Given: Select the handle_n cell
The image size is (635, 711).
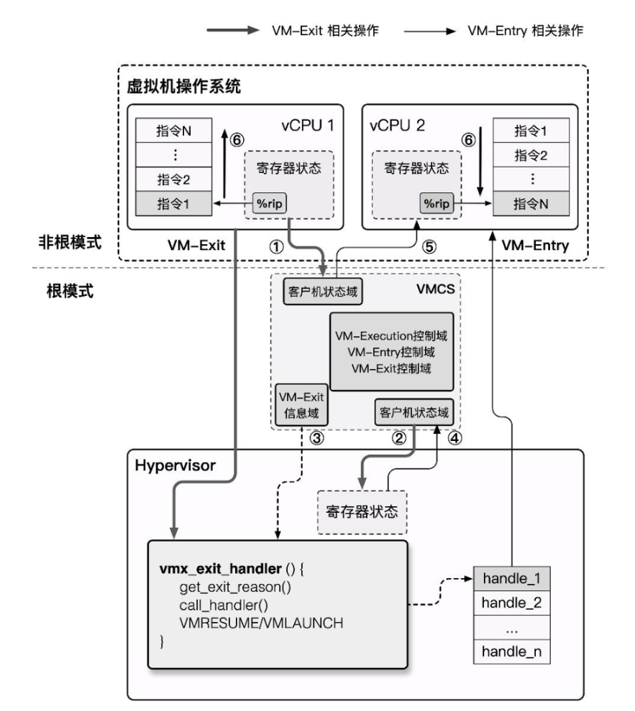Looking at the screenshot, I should (511, 653).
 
